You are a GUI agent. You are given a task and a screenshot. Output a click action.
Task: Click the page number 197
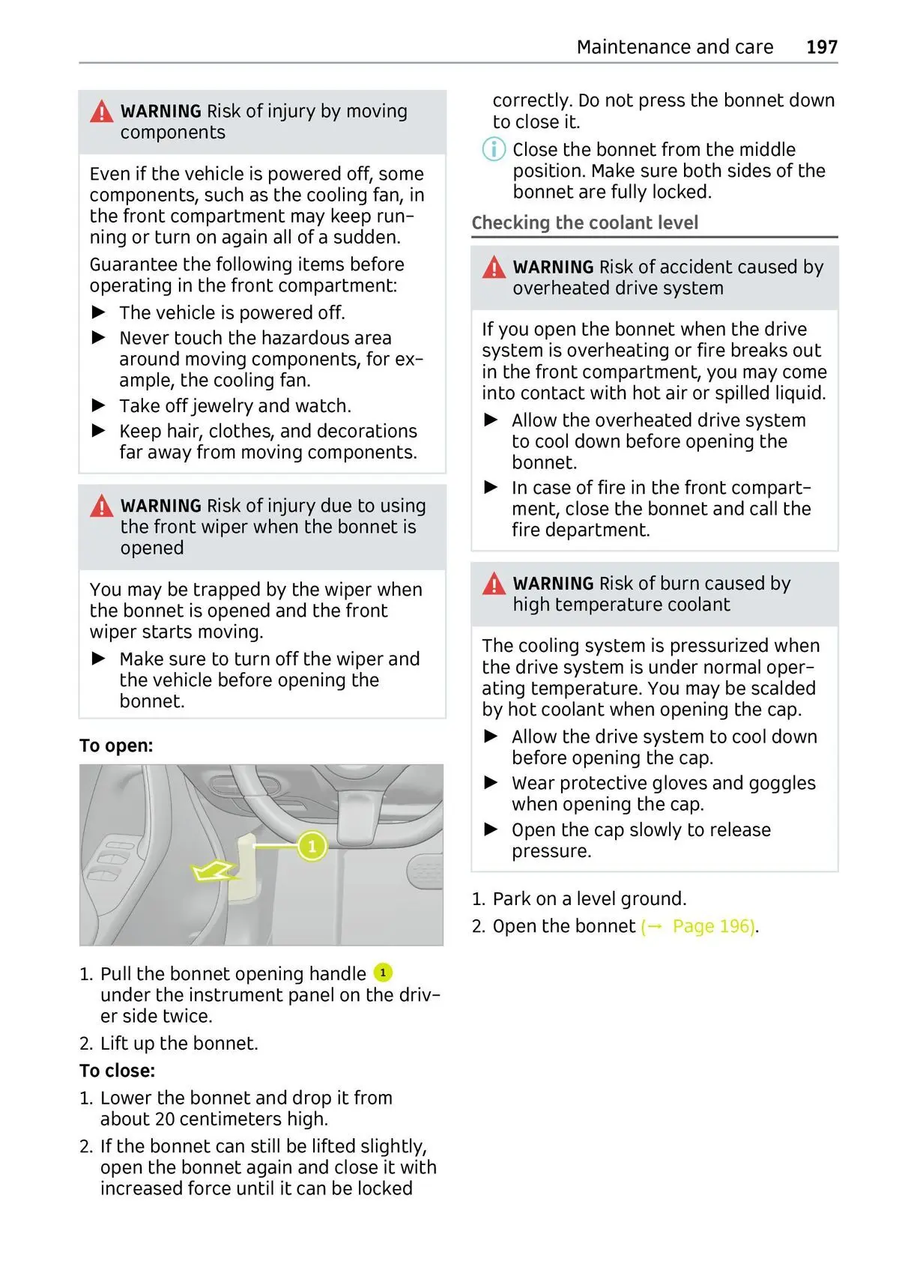point(821,47)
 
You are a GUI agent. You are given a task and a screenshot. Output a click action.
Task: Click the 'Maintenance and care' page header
point(674,47)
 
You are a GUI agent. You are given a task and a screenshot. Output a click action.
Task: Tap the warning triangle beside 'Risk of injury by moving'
point(101,112)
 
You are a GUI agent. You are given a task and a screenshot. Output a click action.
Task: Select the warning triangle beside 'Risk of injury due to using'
point(101,507)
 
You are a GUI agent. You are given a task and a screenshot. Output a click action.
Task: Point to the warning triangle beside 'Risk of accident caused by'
point(494,267)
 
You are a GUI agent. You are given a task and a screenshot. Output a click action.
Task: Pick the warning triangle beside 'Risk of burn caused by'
point(494,584)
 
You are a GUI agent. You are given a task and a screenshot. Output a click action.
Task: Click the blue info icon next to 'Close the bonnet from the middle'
point(494,149)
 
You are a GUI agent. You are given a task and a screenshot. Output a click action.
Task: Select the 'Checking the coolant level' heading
point(584,223)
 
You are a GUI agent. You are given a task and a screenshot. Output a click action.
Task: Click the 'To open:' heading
point(116,746)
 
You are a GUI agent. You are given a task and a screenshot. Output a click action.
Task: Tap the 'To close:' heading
point(118,1071)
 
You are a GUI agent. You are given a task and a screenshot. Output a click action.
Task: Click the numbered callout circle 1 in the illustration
point(312,847)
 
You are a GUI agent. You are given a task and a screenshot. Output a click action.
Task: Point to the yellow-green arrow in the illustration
point(213,871)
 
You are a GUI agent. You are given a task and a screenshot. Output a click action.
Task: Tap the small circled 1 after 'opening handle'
point(382,973)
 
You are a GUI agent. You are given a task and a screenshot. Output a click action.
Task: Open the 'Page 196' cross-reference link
point(712,927)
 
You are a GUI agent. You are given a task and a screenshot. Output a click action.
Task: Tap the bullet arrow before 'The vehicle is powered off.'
point(98,312)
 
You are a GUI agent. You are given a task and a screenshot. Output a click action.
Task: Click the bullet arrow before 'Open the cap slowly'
point(491,829)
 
